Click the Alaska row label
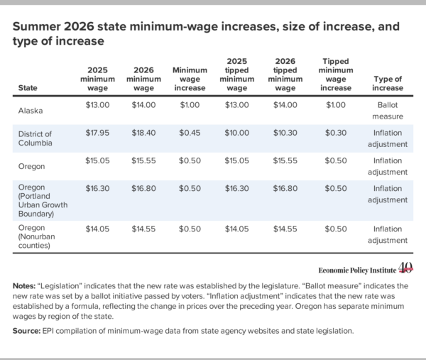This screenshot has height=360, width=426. tap(31, 111)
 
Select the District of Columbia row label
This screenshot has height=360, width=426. tap(35, 138)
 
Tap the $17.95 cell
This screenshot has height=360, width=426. tap(97, 133)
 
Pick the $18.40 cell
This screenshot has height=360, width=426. tap(143, 133)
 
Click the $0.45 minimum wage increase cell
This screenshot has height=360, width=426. tap(190, 133)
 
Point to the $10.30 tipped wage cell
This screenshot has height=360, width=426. tap(285, 133)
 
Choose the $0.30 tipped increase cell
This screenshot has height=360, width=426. tap(336, 133)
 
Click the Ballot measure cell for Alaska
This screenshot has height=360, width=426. tap(388, 111)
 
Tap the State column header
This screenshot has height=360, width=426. tap(28, 88)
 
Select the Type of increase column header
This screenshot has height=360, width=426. tap(388, 83)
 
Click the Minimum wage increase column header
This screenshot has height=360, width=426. tap(190, 79)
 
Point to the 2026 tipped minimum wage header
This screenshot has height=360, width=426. tap(285, 75)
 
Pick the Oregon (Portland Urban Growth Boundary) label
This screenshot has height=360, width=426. tap(43, 200)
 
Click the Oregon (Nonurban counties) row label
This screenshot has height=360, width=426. tap(36, 236)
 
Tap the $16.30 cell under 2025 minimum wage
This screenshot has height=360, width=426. tap(97, 188)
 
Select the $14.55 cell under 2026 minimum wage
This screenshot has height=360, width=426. tap(143, 229)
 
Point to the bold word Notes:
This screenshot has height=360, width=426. tap(24, 286)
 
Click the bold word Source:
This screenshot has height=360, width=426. tap(27, 331)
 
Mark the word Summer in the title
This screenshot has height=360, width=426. tap(37, 26)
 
